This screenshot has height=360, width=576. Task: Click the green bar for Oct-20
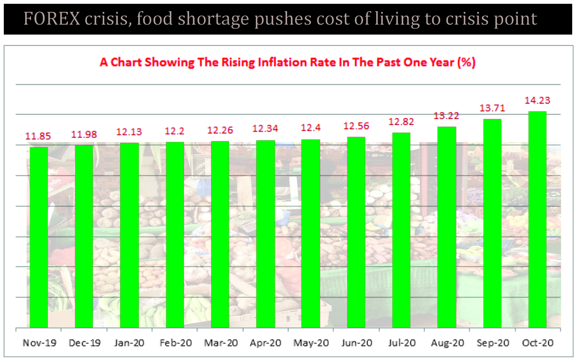click(537, 219)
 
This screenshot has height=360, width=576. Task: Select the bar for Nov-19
click(39, 237)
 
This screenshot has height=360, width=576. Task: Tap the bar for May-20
click(311, 233)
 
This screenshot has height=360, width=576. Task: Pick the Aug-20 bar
click(447, 227)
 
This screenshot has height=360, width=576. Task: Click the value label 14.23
click(537, 101)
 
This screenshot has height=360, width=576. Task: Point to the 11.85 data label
click(38, 136)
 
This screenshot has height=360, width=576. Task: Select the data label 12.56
click(356, 126)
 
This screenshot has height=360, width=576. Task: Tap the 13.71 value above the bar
click(492, 108)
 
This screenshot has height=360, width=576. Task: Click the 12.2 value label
click(174, 131)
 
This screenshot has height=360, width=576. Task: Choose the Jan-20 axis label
click(129, 343)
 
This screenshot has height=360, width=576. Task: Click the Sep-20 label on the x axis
click(493, 343)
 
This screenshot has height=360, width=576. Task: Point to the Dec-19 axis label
click(84, 343)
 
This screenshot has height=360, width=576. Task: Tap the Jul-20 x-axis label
click(402, 343)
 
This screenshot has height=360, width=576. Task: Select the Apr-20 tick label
click(265, 343)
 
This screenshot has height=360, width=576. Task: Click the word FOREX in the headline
click(52, 19)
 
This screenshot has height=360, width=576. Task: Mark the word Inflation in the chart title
click(282, 62)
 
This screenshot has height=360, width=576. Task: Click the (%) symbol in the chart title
click(466, 62)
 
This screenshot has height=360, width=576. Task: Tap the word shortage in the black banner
click(213, 19)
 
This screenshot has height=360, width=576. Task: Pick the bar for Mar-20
click(220, 234)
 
